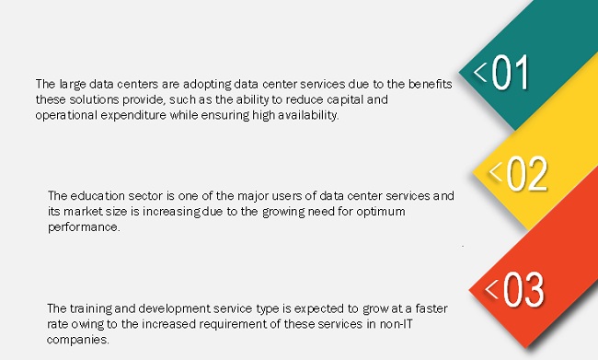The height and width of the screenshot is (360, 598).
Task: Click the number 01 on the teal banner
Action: click(x=510, y=72)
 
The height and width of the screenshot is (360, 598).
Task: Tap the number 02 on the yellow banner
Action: click(x=526, y=173)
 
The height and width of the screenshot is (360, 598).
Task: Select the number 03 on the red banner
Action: click(x=523, y=289)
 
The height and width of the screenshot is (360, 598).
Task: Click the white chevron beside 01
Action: click(x=480, y=72)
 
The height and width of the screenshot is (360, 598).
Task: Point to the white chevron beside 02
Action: click(x=496, y=171)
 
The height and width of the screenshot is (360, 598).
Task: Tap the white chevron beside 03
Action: click(x=491, y=289)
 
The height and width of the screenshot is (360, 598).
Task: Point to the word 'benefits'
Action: click(x=431, y=84)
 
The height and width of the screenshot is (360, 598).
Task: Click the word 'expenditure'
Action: click(x=133, y=115)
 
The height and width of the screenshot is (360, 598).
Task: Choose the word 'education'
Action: click(x=98, y=196)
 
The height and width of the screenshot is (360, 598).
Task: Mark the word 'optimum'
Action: click(x=380, y=212)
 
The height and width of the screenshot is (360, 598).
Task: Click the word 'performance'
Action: click(x=84, y=227)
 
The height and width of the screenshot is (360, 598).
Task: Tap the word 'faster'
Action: click(x=431, y=308)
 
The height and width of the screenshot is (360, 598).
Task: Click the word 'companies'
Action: click(x=78, y=340)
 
